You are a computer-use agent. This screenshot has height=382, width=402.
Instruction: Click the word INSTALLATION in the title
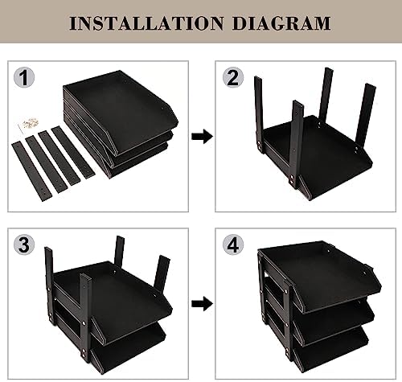point(146,23)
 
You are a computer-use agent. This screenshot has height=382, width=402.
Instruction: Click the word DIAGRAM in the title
point(281,23)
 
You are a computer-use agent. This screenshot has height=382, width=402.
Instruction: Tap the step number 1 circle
point(24,77)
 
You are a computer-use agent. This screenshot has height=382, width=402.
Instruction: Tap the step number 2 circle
point(233,77)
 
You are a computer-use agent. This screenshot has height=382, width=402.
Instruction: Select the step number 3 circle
point(24,244)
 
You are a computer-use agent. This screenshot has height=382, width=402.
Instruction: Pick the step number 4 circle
point(233,244)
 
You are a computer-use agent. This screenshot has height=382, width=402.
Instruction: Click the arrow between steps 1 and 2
point(202,136)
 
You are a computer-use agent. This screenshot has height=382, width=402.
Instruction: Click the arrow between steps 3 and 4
point(202,304)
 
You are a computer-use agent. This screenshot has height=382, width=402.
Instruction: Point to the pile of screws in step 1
point(30,123)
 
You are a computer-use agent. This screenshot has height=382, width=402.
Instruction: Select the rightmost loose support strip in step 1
point(73,153)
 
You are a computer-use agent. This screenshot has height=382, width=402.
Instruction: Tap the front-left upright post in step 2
point(297,145)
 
